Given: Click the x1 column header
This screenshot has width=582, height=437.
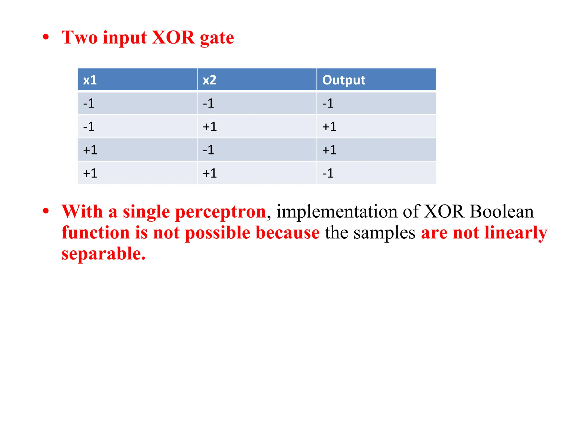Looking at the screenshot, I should (90, 80).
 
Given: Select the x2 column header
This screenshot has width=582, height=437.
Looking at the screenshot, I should (209, 80).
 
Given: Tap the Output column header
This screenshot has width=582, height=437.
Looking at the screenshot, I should (344, 80).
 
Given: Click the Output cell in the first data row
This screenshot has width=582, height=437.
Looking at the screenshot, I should (328, 103).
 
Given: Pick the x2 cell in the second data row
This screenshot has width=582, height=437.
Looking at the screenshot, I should (210, 127).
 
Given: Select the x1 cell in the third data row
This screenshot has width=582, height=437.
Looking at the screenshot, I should (90, 150).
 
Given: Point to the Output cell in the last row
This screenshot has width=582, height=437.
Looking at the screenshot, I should (328, 173).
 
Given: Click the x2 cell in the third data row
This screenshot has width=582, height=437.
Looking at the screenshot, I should (208, 150).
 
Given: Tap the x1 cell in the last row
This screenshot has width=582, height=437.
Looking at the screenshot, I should (90, 173).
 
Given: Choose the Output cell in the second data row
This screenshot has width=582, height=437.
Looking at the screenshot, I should (329, 127).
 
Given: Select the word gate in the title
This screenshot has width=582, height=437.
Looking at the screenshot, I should (217, 38).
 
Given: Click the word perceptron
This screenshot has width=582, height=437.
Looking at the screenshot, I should (221, 212).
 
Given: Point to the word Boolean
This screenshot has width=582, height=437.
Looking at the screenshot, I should (502, 212).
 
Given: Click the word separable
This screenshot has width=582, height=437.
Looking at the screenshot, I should (103, 254).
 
